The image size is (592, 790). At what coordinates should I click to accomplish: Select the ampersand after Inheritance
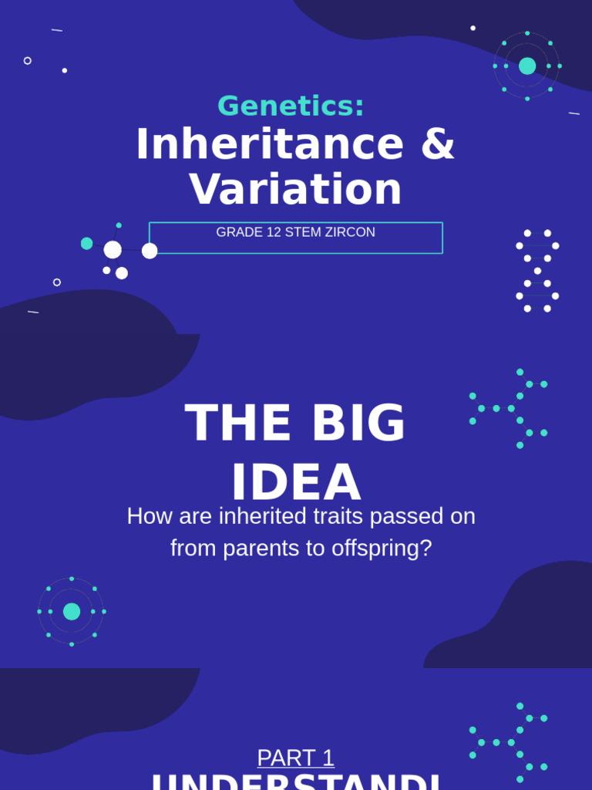[x=438, y=144]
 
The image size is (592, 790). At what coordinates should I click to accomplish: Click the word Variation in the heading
[x=295, y=190]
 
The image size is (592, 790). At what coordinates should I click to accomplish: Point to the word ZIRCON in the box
[x=351, y=232]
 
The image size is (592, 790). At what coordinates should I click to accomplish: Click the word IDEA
[x=296, y=484]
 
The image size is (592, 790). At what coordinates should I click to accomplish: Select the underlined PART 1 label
[x=295, y=758]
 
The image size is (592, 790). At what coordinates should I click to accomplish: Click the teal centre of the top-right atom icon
[x=527, y=66]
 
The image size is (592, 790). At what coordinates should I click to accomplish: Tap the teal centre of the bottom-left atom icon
[x=72, y=612]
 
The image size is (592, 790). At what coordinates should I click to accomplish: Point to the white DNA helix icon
[x=537, y=271]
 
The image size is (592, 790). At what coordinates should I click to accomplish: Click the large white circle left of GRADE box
[x=113, y=249]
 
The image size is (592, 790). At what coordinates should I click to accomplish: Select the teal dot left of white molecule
[x=87, y=244]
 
